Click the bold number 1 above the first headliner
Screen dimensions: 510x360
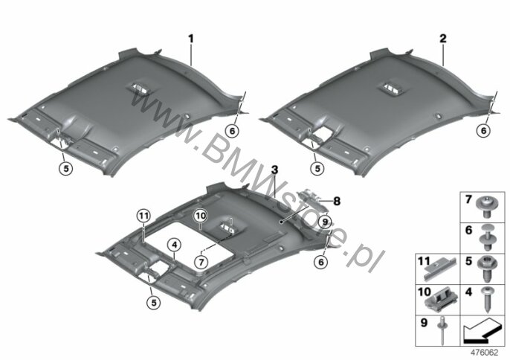point(191,39)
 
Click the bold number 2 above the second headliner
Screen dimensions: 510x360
point(443,39)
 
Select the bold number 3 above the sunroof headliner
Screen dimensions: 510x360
point(275,170)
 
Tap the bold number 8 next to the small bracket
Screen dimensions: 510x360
point(337,201)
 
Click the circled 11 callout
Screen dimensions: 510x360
point(144,216)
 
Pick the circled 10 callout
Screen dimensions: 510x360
point(201,216)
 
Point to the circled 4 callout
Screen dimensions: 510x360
point(174,245)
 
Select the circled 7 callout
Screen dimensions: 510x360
point(201,261)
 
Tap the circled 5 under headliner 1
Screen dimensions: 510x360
point(66,168)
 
